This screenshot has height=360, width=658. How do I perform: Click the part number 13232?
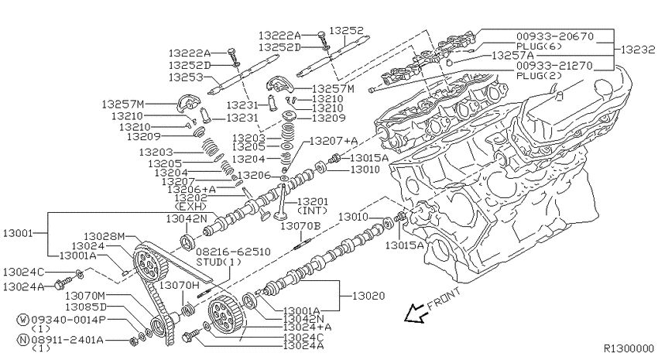[x=637, y=50]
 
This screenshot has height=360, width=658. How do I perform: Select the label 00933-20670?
[x=555, y=36]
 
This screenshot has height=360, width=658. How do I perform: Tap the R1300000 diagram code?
[x=629, y=348]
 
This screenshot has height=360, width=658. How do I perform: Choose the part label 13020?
[x=368, y=296]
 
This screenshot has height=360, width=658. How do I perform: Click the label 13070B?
[x=300, y=226]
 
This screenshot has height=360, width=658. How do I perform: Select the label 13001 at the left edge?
[x=18, y=233]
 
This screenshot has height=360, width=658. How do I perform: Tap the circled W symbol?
[x=22, y=321]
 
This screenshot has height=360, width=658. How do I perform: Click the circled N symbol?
[x=22, y=340]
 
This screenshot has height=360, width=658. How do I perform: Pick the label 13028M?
[x=104, y=237]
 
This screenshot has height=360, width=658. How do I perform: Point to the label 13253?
[x=186, y=77]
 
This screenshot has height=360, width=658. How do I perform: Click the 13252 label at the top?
[x=346, y=31]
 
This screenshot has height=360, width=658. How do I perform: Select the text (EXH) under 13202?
[x=190, y=207]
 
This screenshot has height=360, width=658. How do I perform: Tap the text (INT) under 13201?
[x=312, y=211]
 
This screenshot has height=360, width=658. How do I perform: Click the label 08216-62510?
[x=233, y=252]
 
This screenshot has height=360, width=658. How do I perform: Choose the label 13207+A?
[x=334, y=141]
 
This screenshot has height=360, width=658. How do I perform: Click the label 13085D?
[x=86, y=307]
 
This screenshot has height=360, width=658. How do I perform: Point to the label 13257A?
[x=512, y=56]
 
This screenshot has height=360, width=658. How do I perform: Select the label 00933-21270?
[x=555, y=66]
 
